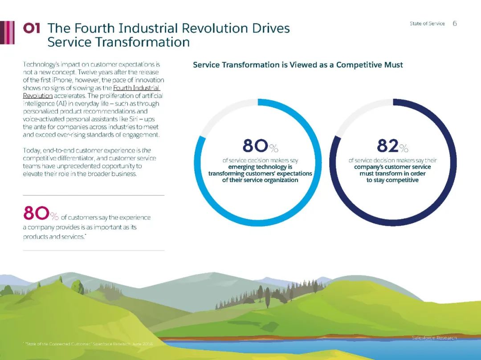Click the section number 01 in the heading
point(32,28)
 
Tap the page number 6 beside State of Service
point(455,24)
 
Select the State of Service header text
point(427,24)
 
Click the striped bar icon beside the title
point(8,32)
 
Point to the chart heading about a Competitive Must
point(298,65)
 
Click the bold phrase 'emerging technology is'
point(260,167)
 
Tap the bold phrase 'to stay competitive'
point(392,180)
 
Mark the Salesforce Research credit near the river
point(434,338)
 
